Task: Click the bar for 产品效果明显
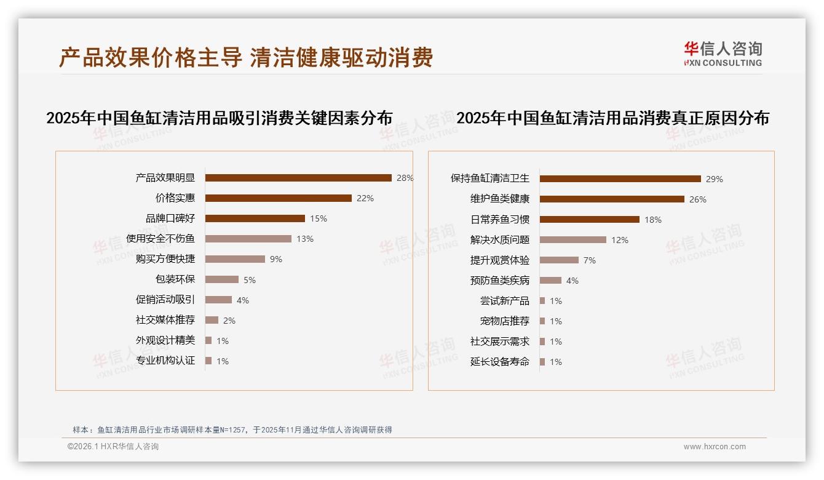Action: click(x=298, y=178)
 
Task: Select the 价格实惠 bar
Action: click(x=278, y=198)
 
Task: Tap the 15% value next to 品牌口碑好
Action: click(x=319, y=218)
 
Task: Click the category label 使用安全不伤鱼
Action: click(x=160, y=239)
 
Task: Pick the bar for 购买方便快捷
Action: click(x=235, y=259)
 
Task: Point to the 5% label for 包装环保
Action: click(x=250, y=280)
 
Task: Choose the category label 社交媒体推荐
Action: click(x=165, y=320)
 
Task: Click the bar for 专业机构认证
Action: click(x=208, y=361)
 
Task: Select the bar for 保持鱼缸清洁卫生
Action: click(x=620, y=179)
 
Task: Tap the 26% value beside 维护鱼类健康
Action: click(x=698, y=199)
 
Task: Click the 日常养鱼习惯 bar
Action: click(x=589, y=220)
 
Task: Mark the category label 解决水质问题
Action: click(x=500, y=240)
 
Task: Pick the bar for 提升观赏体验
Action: click(x=559, y=260)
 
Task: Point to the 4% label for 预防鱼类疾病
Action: click(x=572, y=281)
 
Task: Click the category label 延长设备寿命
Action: click(x=500, y=362)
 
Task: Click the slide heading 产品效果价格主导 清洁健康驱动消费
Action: click(x=246, y=57)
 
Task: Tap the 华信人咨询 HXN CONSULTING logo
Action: click(x=723, y=54)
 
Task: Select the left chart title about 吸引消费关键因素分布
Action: click(x=220, y=118)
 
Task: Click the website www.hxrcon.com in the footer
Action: click(x=715, y=447)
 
